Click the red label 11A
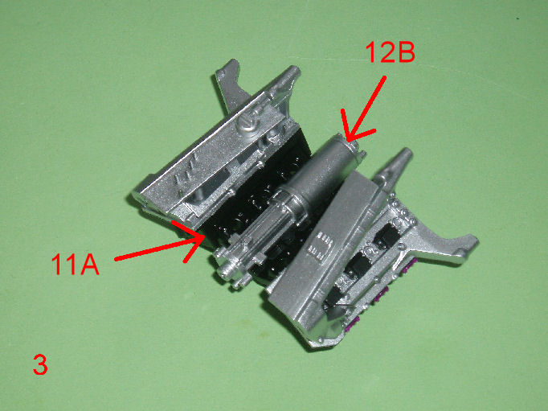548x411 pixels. coord(76,264)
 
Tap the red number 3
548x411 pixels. coord(40,365)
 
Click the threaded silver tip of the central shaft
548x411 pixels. coord(227,270)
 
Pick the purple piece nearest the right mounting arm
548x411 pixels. coord(410,266)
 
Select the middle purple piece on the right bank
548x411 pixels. coord(382,294)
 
